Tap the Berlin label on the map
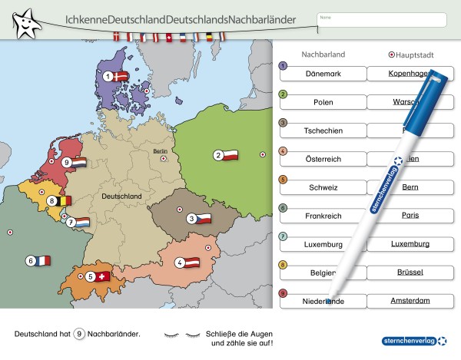(x=160, y=151)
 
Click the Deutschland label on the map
(x=121, y=197)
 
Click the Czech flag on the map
(x=201, y=219)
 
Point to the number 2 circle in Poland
(x=218, y=155)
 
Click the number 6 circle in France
(x=32, y=260)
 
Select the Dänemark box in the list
(x=323, y=73)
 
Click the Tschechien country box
(x=323, y=130)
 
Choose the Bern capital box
(x=410, y=187)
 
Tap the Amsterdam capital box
(x=410, y=301)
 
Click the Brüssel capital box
(x=410, y=272)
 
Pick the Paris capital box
(x=410, y=216)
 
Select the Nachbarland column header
(x=323, y=55)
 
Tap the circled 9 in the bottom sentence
(x=79, y=335)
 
